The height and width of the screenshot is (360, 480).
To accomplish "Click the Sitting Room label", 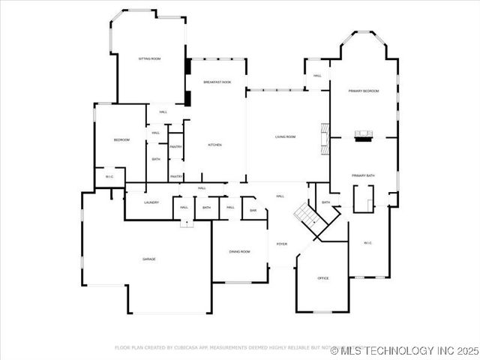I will [x=150, y=58].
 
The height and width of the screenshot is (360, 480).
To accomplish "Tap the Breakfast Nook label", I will [x=217, y=82].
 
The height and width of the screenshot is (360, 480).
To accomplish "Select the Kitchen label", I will [x=214, y=145].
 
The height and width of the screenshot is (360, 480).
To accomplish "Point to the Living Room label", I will [x=285, y=137].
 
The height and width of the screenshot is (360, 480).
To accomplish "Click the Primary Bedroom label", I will [x=363, y=91].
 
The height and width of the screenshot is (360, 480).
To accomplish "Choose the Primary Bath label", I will [x=363, y=175].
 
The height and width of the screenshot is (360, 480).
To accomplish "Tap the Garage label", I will [x=149, y=259].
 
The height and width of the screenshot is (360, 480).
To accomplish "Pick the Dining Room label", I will [x=239, y=252].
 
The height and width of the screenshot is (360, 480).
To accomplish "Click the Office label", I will [x=323, y=278].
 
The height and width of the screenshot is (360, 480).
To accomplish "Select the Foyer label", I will [x=282, y=244].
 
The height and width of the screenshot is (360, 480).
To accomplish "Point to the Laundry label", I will [x=151, y=202].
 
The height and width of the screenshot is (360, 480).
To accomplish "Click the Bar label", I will [x=253, y=211].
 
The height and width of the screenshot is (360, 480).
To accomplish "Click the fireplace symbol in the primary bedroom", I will [x=364, y=136].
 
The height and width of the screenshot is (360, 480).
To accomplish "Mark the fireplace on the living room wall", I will [x=325, y=138].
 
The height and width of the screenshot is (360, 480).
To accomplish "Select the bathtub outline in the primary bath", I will [x=364, y=197].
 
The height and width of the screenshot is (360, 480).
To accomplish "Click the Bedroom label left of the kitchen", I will [x=121, y=140].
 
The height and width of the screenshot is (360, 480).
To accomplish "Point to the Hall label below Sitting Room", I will [x=163, y=112].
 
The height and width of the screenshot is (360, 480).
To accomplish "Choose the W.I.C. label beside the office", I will [x=368, y=243].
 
